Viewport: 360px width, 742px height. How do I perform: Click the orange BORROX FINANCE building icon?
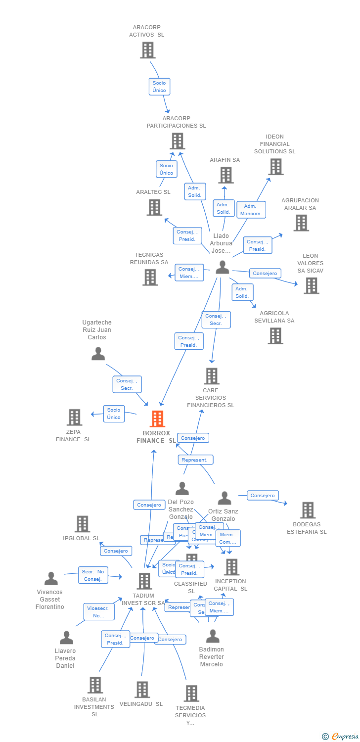[x=157, y=419]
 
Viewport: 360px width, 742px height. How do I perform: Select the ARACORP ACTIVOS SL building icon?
[x=147, y=50]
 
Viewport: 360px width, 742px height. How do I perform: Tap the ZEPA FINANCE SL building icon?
[x=74, y=417]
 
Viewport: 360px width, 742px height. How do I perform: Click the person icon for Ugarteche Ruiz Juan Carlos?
[x=98, y=354]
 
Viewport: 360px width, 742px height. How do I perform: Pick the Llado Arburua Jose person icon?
[x=223, y=267]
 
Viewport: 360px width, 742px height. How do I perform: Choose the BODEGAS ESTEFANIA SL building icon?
[x=308, y=510]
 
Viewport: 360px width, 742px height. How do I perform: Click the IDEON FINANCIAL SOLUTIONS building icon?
[x=275, y=167]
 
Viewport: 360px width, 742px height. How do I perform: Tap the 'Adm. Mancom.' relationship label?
[x=251, y=210]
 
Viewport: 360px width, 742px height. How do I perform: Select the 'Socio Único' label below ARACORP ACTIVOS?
[x=159, y=87]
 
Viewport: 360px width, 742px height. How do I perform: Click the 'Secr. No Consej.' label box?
[x=92, y=575]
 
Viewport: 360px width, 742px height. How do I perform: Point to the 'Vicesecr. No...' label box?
[x=99, y=612]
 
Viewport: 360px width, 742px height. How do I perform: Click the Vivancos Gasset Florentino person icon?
[x=51, y=578]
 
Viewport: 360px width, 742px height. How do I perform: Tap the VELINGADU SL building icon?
[x=142, y=689]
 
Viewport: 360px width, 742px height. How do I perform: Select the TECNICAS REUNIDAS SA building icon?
[x=150, y=277]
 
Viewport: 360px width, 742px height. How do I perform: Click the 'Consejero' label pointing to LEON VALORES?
[x=265, y=273]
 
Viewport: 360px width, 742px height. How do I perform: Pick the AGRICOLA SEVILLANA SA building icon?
[x=275, y=335]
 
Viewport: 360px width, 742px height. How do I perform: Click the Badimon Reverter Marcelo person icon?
[x=213, y=636]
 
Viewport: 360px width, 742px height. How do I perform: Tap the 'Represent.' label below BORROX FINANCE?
[x=195, y=460]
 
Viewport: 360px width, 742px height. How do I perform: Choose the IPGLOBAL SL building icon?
[x=82, y=524]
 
